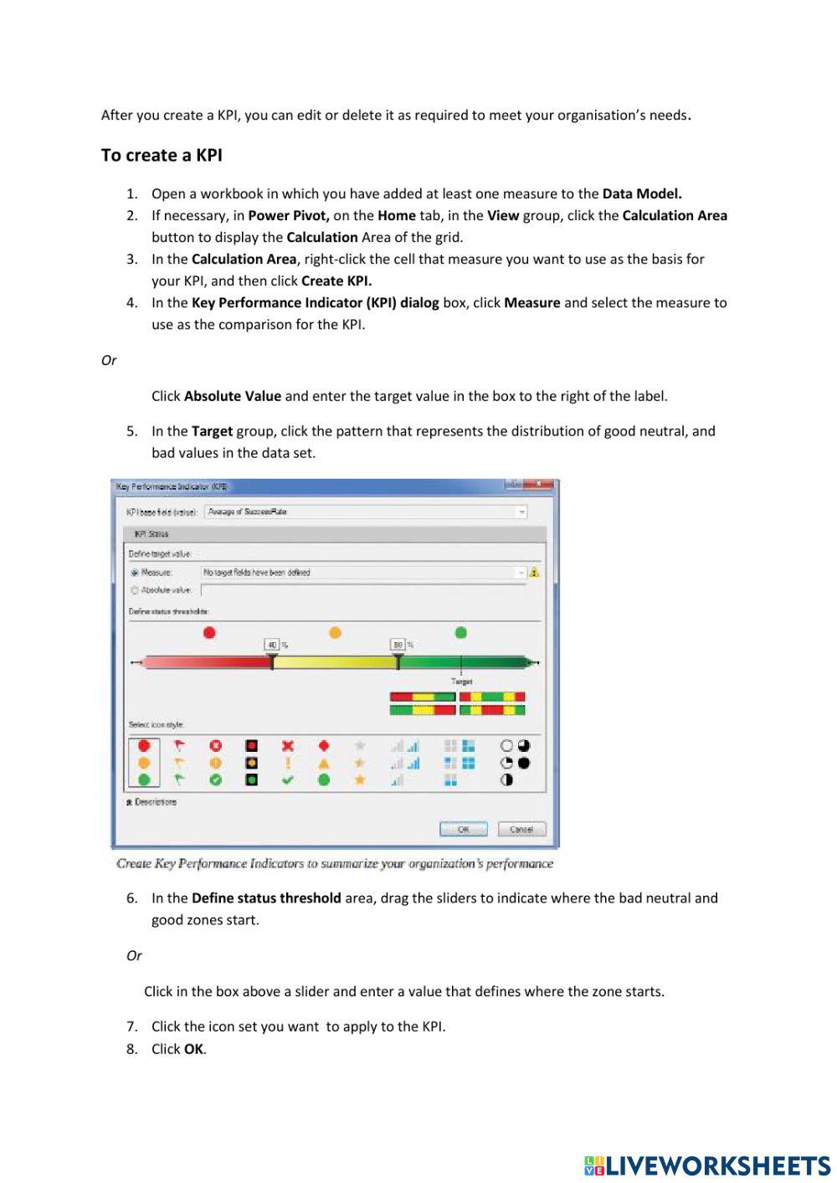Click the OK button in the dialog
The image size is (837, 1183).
tap(463, 829)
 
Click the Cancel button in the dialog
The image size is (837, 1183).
tap(521, 829)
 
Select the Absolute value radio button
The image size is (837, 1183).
tap(135, 590)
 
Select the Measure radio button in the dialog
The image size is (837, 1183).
tap(135, 573)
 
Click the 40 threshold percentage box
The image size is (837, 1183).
tap(272, 645)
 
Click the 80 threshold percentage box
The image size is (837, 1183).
tap(398, 645)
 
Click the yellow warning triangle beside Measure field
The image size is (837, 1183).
tap(534, 573)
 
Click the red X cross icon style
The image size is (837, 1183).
tap(288, 745)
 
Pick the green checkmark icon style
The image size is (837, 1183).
tap(288, 780)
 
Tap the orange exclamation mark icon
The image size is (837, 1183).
tap(288, 763)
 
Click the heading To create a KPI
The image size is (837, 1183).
tap(162, 155)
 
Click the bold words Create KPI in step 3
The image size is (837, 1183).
tap(336, 280)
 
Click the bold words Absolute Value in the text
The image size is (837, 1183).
tap(232, 396)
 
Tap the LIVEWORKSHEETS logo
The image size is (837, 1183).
tap(707, 1165)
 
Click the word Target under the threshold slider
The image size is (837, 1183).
tap(461, 682)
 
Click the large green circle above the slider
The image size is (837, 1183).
tap(460, 632)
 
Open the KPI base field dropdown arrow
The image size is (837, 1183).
tap(521, 512)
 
